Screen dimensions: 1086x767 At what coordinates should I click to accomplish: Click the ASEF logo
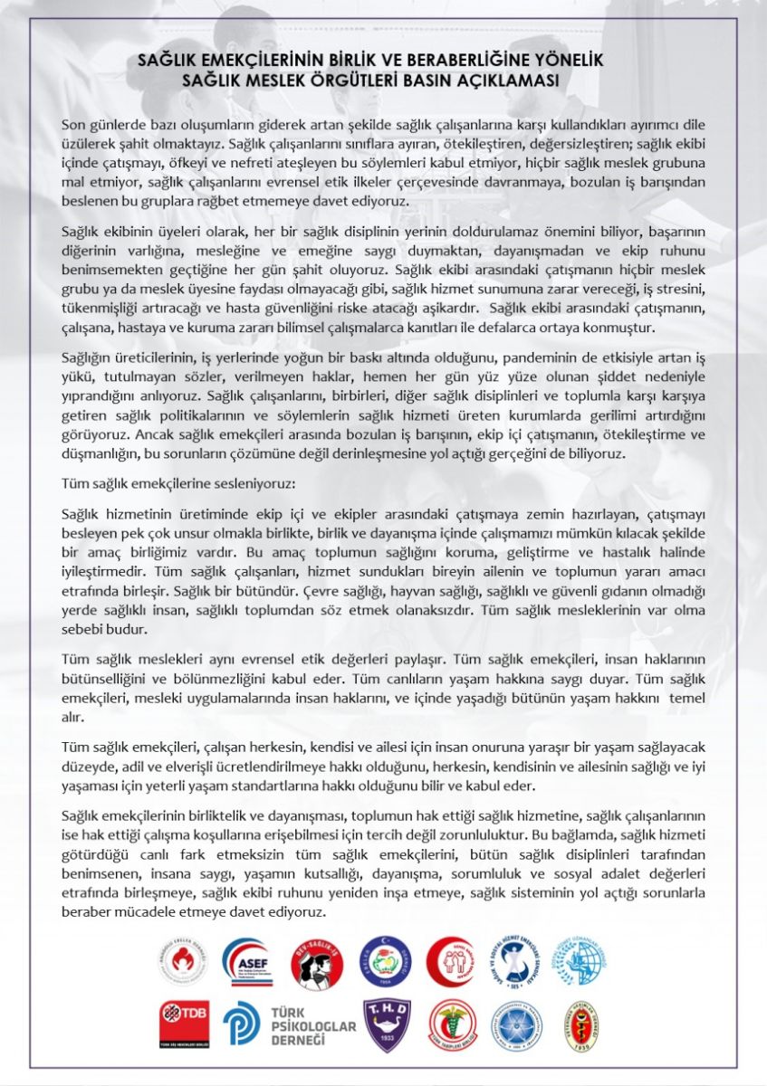pos(246,960)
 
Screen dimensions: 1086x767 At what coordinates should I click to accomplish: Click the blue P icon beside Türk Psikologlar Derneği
pos(242,1024)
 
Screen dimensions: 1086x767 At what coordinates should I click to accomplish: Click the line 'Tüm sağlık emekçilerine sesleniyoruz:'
pos(177,483)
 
